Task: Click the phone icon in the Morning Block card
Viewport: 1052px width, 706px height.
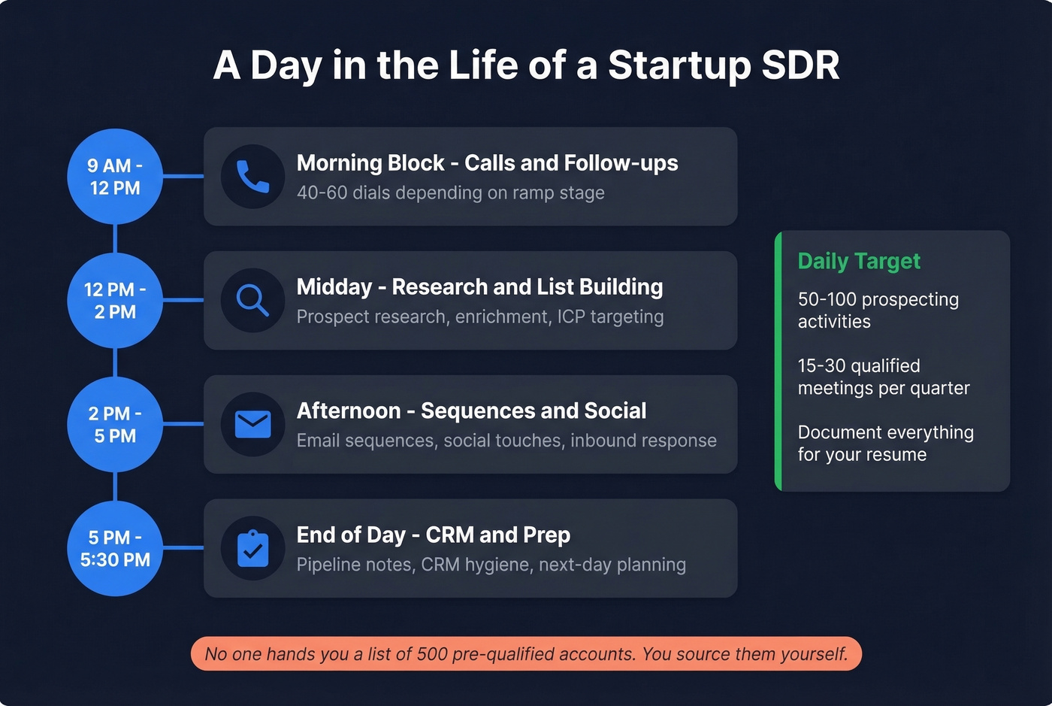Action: pyautogui.click(x=252, y=177)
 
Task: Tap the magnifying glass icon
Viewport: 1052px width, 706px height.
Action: pyautogui.click(x=252, y=300)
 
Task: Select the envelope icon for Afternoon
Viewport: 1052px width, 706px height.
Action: pyautogui.click(x=252, y=424)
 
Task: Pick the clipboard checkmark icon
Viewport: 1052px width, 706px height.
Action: pyautogui.click(x=252, y=548)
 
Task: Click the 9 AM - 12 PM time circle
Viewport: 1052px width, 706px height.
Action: pyautogui.click(x=115, y=177)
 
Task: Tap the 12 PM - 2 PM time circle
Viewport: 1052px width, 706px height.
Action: pyautogui.click(x=115, y=301)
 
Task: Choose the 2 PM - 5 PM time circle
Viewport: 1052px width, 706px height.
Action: pyautogui.click(x=115, y=425)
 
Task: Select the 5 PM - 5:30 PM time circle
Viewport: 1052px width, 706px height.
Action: pyautogui.click(x=115, y=549)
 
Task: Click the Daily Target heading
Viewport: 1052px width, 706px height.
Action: pyautogui.click(x=859, y=261)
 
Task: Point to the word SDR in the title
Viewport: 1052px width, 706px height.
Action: pyautogui.click(x=800, y=65)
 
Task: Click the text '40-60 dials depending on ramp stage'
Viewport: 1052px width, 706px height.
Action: pyautogui.click(x=450, y=193)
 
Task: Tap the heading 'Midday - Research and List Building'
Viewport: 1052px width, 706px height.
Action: pyautogui.click(x=479, y=286)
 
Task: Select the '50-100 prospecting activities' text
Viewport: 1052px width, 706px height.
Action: pyautogui.click(x=878, y=311)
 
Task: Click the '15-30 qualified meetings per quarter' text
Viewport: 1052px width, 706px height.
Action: pyautogui.click(x=883, y=377)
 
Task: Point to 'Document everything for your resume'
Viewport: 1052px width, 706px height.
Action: pyautogui.click(x=885, y=444)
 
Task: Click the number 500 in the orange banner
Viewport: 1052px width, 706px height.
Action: pyautogui.click(x=432, y=654)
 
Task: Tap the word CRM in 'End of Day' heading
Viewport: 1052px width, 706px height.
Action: pyautogui.click(x=449, y=535)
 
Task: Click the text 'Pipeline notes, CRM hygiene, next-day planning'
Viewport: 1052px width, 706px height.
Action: pyautogui.click(x=491, y=565)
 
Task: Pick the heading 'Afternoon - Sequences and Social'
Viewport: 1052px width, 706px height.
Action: pyautogui.click(x=471, y=411)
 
